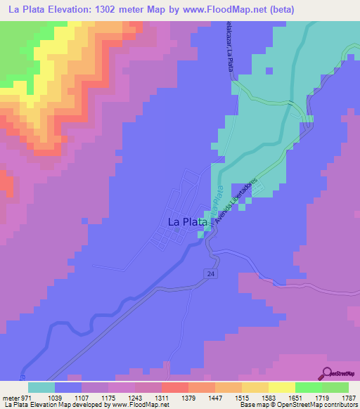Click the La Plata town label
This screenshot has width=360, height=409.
188,222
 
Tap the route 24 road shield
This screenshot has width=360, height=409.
210,273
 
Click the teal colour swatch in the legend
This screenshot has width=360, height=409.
41,388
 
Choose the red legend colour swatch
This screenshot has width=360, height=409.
174,388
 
